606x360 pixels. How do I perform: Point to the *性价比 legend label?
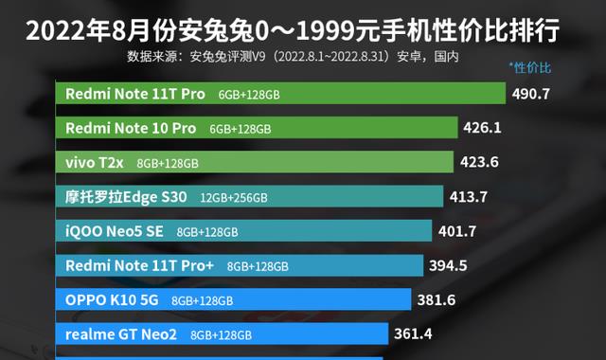pos(529,67)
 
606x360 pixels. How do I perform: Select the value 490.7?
pos(530,94)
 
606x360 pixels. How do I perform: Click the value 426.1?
pos(482,128)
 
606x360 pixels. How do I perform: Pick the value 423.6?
pos(479,162)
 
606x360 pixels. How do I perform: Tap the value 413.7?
pos(471,197)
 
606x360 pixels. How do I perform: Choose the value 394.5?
pos(449,265)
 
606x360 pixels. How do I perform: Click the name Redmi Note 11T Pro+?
pos(139,265)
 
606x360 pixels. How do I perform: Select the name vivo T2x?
pos(95,162)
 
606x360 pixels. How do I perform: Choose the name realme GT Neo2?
pos(122,333)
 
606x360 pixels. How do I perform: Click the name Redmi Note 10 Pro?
pos(131,128)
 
